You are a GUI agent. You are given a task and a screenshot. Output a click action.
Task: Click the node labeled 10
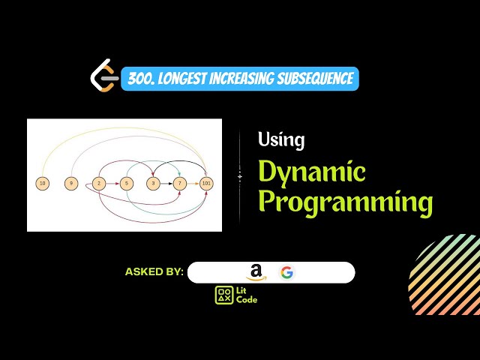click(x=42, y=183)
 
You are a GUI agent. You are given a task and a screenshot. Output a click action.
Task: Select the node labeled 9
click(x=70, y=183)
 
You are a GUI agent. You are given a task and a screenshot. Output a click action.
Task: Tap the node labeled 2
click(x=98, y=183)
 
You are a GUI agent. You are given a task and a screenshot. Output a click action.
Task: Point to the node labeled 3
click(x=153, y=183)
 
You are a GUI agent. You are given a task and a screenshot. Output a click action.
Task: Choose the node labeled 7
click(x=180, y=183)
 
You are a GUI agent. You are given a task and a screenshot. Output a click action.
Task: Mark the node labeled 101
click(x=207, y=183)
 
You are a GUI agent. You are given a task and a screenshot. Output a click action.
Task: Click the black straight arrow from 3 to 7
click(x=166, y=183)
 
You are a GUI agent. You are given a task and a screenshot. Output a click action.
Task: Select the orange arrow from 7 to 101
click(x=193, y=183)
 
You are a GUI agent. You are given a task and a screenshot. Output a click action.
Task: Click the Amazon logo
click(x=256, y=273)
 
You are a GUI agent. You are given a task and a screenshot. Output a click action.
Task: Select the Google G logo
click(x=287, y=272)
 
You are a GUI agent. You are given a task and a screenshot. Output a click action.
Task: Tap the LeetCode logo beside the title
click(x=103, y=78)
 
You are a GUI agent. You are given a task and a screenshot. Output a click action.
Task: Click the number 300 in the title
click(x=137, y=79)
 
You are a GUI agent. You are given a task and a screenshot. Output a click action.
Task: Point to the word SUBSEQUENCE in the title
click(x=315, y=79)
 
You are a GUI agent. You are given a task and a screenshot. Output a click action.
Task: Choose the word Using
click(x=280, y=139)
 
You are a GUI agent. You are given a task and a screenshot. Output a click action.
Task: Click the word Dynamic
click(x=311, y=172)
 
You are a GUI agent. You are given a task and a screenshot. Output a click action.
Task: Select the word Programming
click(x=345, y=202)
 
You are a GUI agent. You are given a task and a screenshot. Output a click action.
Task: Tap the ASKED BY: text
click(x=154, y=272)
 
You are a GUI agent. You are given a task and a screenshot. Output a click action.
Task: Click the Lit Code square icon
click(x=224, y=295)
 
